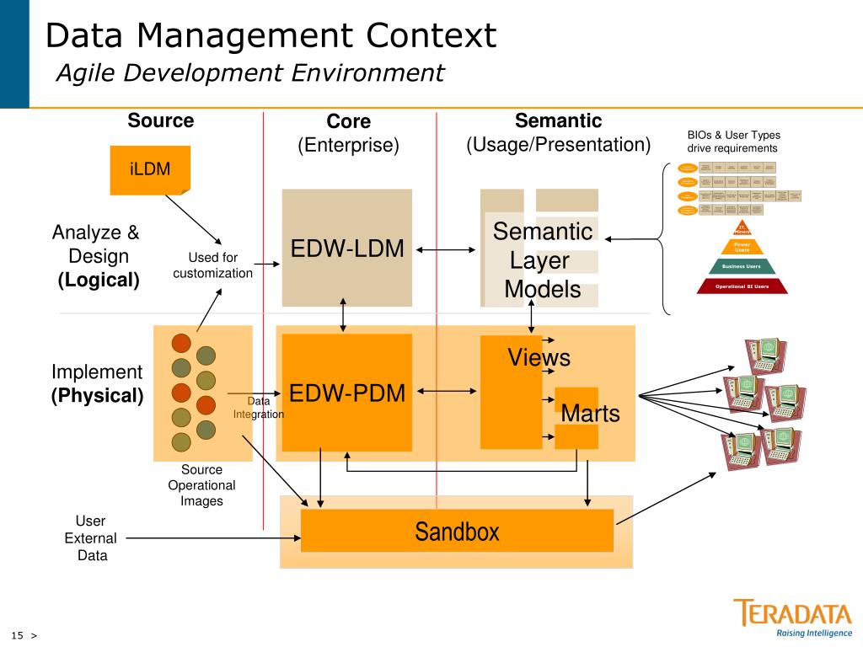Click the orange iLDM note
150,169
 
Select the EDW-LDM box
346,248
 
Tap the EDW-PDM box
346,393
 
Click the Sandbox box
457,531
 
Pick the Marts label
590,414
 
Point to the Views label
539,357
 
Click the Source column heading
160,120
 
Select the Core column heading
348,121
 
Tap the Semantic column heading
558,120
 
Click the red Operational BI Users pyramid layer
742,286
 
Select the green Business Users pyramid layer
742,266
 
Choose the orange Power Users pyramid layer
742,247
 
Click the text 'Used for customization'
212,265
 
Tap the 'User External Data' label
90,538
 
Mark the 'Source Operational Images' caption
201,485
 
